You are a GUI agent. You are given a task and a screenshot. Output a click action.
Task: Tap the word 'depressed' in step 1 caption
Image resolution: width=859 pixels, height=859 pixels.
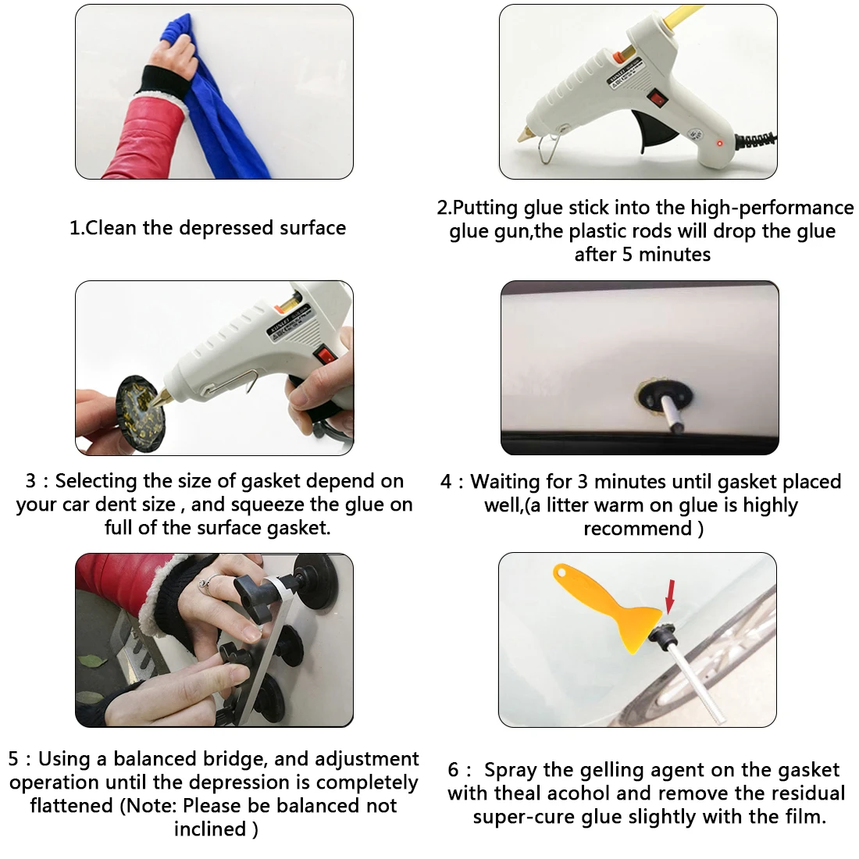click(x=226, y=228)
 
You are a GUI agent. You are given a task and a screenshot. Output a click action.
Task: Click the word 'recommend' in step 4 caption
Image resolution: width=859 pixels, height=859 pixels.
click(x=638, y=529)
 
